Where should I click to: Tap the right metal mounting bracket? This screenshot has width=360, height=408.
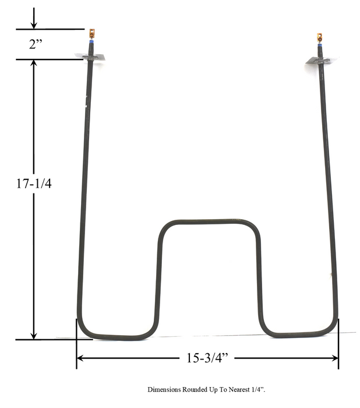click(x=318, y=60)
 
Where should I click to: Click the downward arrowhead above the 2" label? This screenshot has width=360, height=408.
click(x=34, y=25)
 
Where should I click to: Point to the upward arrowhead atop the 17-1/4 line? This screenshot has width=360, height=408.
click(x=34, y=63)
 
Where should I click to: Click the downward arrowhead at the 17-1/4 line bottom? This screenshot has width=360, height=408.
click(x=34, y=335)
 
